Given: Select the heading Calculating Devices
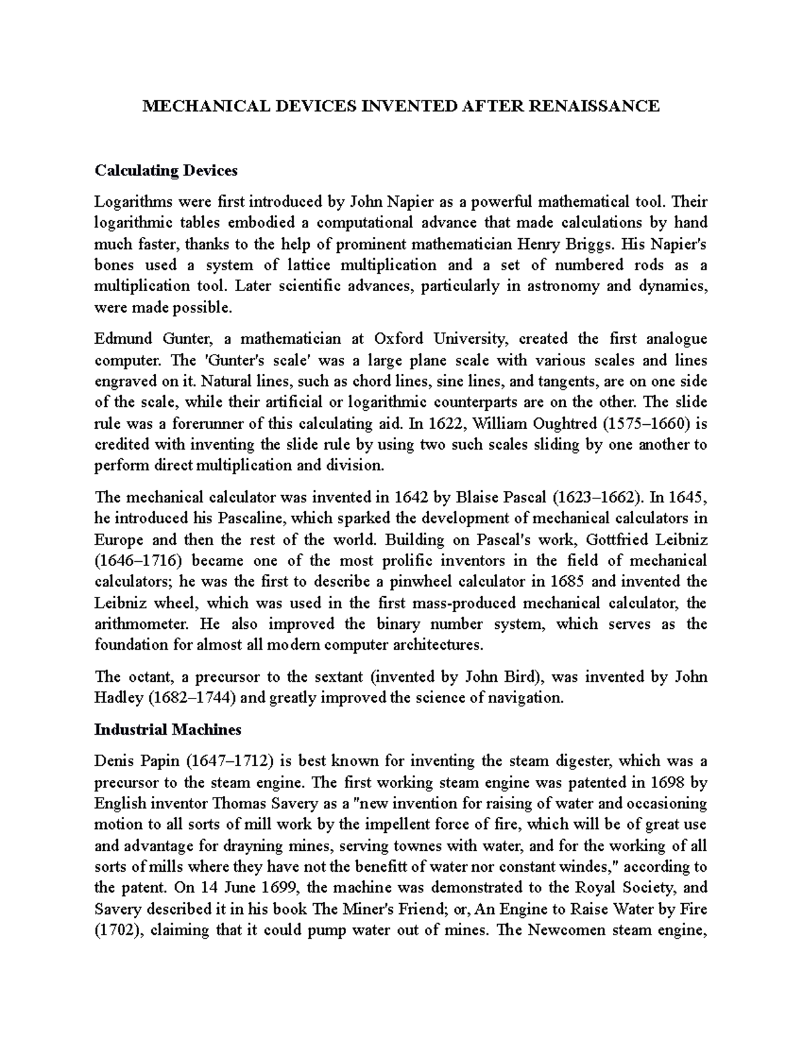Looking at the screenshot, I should [x=166, y=171].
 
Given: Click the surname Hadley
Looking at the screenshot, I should [x=119, y=698].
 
